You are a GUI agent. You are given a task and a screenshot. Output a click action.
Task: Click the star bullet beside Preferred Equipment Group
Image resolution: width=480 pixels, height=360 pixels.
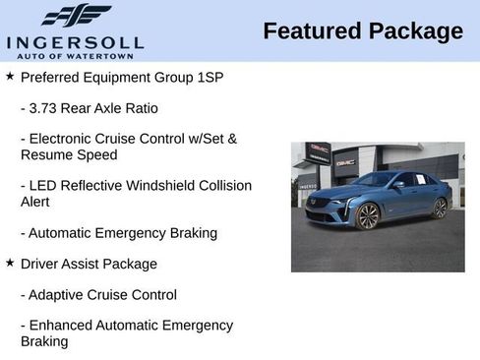pyautogui.click(x=10, y=76)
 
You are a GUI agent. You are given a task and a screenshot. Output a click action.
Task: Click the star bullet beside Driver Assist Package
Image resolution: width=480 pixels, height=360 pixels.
pyautogui.click(x=10, y=264)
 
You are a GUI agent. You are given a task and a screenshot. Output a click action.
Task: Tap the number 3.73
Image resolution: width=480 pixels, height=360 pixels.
pyautogui.click(x=46, y=107)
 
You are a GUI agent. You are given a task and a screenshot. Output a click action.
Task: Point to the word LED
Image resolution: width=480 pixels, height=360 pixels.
pyautogui.click(x=43, y=186)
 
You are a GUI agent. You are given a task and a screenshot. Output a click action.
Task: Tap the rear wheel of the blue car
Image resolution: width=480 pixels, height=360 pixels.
pyautogui.click(x=440, y=208)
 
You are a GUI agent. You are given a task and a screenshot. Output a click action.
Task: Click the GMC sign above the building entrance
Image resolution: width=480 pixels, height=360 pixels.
pyautogui.click(x=345, y=161)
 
